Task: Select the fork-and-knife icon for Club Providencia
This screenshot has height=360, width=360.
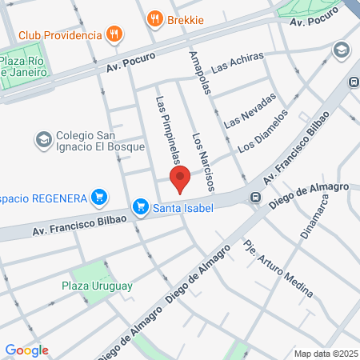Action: click(x=116, y=34)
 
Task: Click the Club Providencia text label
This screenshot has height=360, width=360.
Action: click(x=60, y=35)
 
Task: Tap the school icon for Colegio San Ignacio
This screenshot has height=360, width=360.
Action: click(x=42, y=140)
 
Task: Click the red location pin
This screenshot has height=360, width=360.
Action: click(x=180, y=179)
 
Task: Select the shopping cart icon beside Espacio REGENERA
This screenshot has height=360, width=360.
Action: click(x=99, y=196)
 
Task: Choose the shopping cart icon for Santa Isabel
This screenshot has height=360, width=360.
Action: click(x=142, y=207)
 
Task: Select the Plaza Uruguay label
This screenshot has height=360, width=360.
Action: click(x=96, y=285)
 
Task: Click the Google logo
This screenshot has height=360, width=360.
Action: click(x=26, y=350)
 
